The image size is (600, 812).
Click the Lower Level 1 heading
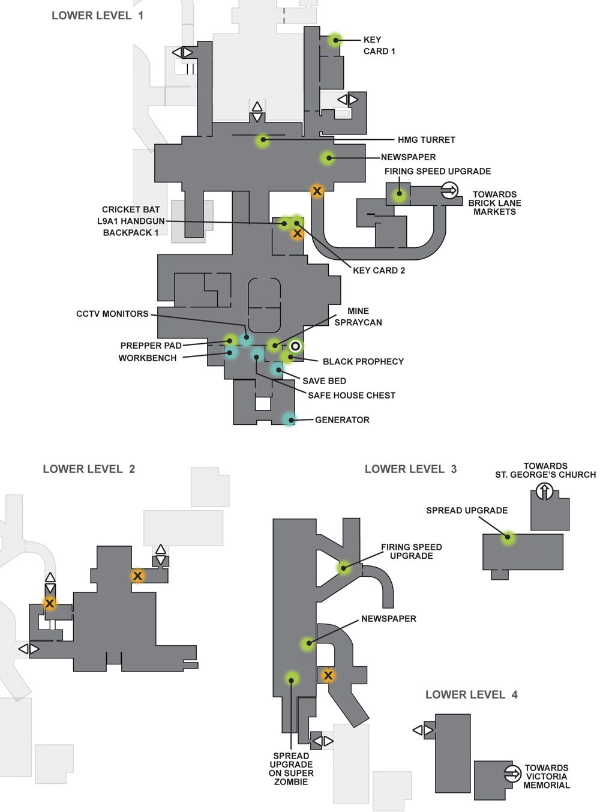[x=97, y=16]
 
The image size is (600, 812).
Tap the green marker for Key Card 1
[x=335, y=40]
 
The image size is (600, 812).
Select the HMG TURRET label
[x=427, y=139]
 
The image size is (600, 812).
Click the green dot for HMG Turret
[x=262, y=140]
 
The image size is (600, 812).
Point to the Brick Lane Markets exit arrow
[x=449, y=190]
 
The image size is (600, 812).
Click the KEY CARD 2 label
[x=379, y=271]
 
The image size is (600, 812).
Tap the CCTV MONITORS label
[x=112, y=314]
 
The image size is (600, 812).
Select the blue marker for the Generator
[x=289, y=420]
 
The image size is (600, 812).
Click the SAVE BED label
[x=325, y=380]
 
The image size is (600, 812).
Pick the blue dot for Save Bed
[x=278, y=370]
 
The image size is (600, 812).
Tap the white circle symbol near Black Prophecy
[x=295, y=346]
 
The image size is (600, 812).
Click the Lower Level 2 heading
[x=89, y=469]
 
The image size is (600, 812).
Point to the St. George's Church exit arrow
[x=545, y=491]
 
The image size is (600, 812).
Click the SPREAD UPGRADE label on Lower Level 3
[x=467, y=510]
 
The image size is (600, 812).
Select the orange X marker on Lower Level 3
[x=328, y=675]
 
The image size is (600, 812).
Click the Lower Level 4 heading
[x=472, y=695]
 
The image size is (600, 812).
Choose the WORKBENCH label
[x=148, y=358]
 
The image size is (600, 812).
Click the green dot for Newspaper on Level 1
[x=328, y=158]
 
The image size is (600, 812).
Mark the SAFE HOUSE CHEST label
[x=352, y=395]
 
